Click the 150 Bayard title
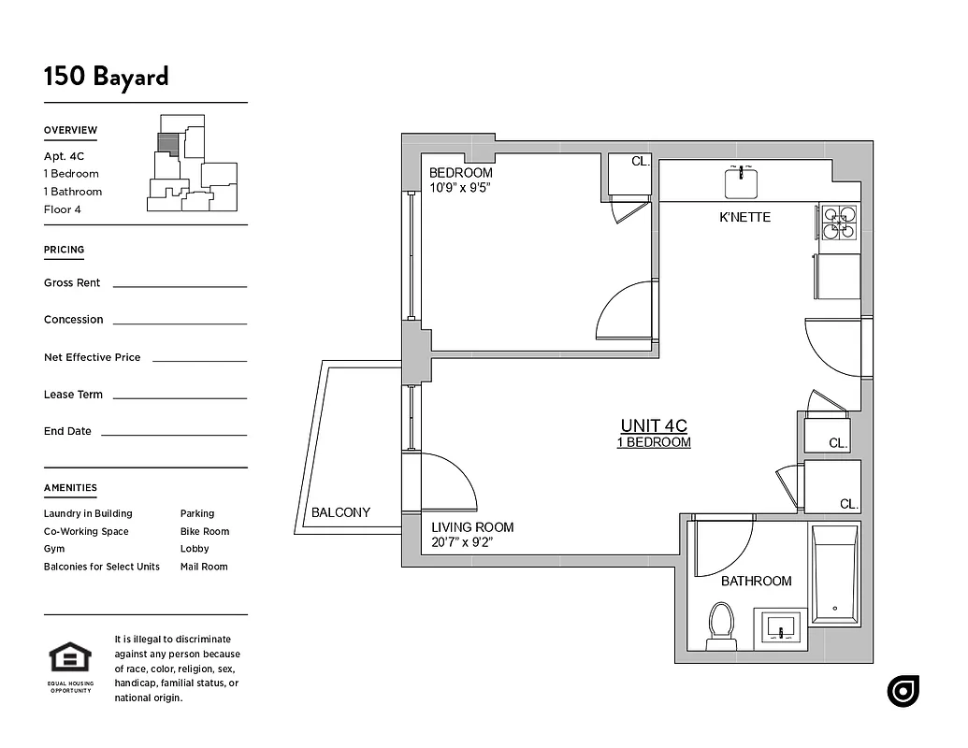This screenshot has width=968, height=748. (x=106, y=76)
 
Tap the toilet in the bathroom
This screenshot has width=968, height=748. (x=721, y=626)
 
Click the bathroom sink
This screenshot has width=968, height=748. (x=782, y=629)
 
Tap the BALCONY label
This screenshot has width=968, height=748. (x=340, y=512)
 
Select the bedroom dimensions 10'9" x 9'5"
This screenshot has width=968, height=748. (x=460, y=188)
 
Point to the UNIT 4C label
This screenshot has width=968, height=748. (x=654, y=426)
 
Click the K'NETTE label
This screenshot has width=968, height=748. (x=744, y=217)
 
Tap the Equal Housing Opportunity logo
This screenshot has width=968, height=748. (x=70, y=665)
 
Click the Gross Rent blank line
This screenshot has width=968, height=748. (x=180, y=285)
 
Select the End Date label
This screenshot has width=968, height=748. (x=67, y=431)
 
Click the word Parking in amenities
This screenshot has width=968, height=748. (x=197, y=513)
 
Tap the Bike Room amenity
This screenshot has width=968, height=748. (x=204, y=531)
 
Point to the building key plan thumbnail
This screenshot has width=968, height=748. (x=193, y=165)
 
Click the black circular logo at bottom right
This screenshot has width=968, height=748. (x=903, y=691)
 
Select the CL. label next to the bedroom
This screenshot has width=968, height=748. (x=640, y=161)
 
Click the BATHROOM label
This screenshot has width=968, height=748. (x=756, y=581)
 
